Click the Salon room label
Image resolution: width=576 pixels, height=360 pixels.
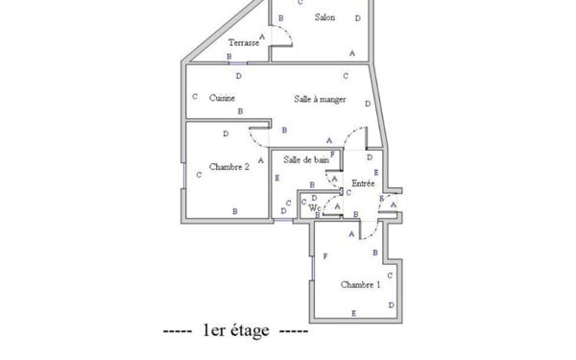click(324, 18)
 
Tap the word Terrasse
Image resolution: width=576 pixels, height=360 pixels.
click(243, 43)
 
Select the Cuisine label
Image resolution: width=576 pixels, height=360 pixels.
click(223, 97)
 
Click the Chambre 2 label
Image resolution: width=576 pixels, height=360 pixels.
click(229, 166)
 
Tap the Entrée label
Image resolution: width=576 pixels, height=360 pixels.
click(363, 181)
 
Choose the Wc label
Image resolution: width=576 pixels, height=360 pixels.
click(314, 206)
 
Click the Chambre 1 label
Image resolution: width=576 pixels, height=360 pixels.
click(361, 285)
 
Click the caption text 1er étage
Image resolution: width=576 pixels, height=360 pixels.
click(235, 331)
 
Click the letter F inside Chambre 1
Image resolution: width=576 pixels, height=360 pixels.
click(325, 256)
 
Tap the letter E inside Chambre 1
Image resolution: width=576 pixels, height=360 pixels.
click(354, 313)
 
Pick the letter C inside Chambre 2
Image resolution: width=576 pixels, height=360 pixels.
click(199, 174)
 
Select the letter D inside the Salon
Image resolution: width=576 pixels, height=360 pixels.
click(358, 18)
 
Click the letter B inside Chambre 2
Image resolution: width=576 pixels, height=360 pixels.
click(235, 210)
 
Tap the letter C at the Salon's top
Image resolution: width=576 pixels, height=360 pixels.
click(300, 3)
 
